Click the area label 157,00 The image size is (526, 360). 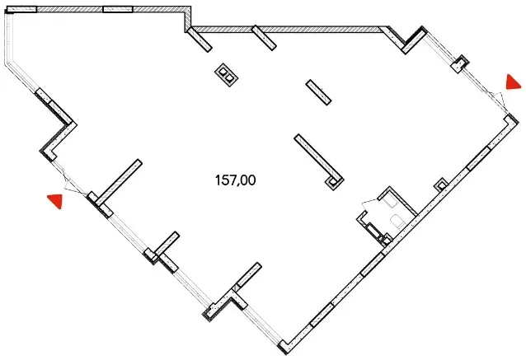(235, 180)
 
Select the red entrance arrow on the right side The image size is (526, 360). (513, 82)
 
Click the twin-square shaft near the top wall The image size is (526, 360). (227, 75)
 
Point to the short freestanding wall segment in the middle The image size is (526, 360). (319, 92)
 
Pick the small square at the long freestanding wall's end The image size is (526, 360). (333, 183)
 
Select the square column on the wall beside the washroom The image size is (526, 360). (441, 185)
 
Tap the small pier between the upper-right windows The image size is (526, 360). (460, 63)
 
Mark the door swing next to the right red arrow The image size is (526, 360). (499, 99)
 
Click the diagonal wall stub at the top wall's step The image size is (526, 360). (200, 40)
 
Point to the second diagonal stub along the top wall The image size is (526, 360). (264, 38)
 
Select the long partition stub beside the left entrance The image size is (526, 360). (119, 182)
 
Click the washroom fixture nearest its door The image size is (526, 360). (389, 202)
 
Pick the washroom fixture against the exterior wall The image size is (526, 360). (398, 222)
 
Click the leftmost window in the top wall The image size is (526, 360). (21, 9)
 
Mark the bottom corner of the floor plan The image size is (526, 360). (284, 353)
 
